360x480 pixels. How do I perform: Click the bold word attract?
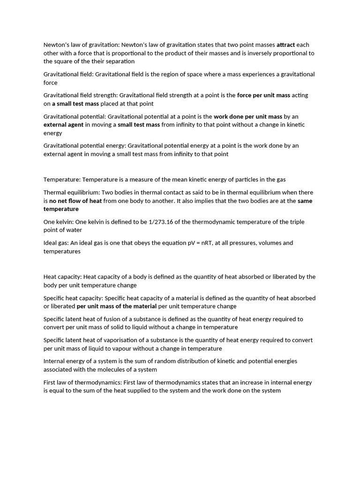tap(285, 45)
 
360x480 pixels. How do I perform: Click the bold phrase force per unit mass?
tap(263, 95)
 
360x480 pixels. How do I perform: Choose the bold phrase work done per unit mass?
tap(248, 116)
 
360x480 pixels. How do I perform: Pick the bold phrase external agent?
tap(63, 125)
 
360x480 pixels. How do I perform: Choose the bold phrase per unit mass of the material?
tap(117, 306)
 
